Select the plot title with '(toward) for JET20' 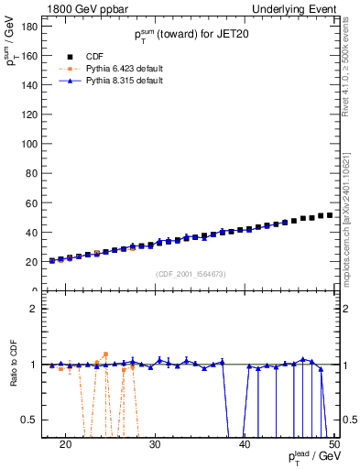(x=191, y=35)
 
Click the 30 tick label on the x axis (x=155, y=446)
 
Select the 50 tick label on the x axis (x=333, y=446)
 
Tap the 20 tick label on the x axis (x=65, y=446)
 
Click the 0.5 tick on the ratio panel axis (x=28, y=420)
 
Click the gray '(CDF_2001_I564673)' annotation (x=192, y=273)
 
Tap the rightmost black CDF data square (x=330, y=215)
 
